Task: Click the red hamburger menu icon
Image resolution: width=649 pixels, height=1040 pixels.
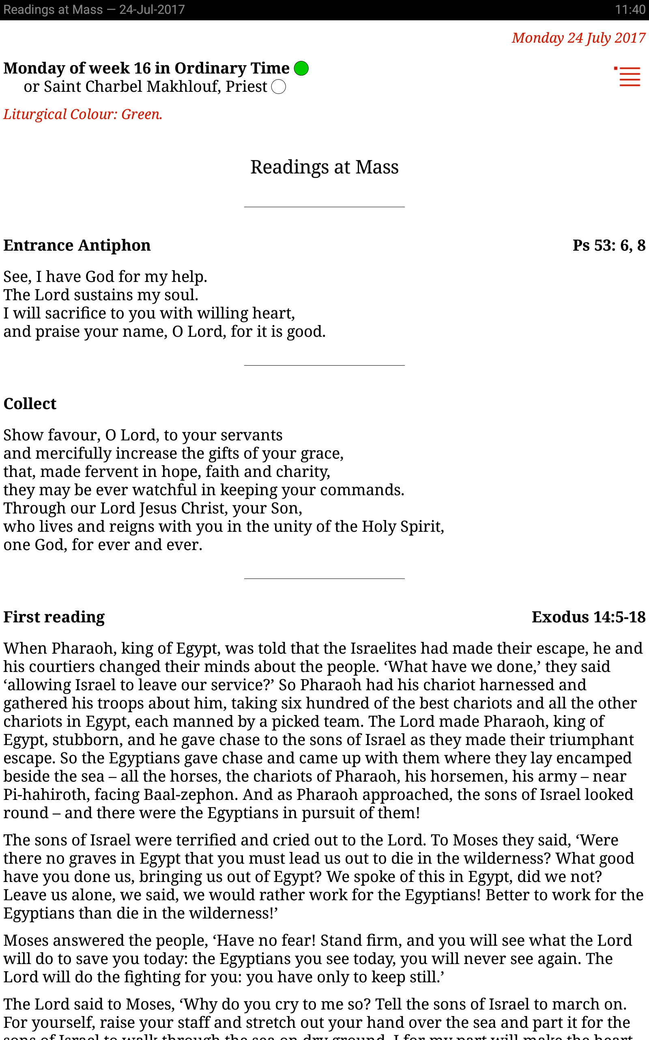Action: pyautogui.click(x=628, y=76)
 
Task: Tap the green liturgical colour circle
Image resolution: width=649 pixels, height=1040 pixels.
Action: pyautogui.click(x=301, y=68)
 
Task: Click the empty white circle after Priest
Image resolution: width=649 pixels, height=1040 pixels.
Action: pyautogui.click(x=279, y=87)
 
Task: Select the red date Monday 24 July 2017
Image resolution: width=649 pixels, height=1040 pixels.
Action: pyautogui.click(x=578, y=38)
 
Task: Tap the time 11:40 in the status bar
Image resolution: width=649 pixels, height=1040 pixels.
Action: pyautogui.click(x=630, y=9)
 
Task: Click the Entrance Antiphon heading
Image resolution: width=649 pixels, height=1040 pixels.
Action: pyautogui.click(x=77, y=245)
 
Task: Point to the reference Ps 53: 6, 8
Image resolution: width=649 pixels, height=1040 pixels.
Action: pyautogui.click(x=609, y=245)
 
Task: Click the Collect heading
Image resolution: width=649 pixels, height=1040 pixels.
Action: pyautogui.click(x=30, y=404)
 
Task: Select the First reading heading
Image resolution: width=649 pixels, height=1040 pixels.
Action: pyautogui.click(x=54, y=617)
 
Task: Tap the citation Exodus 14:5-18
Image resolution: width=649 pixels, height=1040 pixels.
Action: pyautogui.click(x=588, y=617)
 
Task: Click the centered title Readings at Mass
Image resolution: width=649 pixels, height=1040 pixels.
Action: pyautogui.click(x=324, y=167)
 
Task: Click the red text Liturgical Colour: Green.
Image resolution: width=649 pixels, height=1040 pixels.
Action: pyautogui.click(x=83, y=114)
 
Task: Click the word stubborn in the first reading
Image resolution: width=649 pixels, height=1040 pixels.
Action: pyautogui.click(x=87, y=740)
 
